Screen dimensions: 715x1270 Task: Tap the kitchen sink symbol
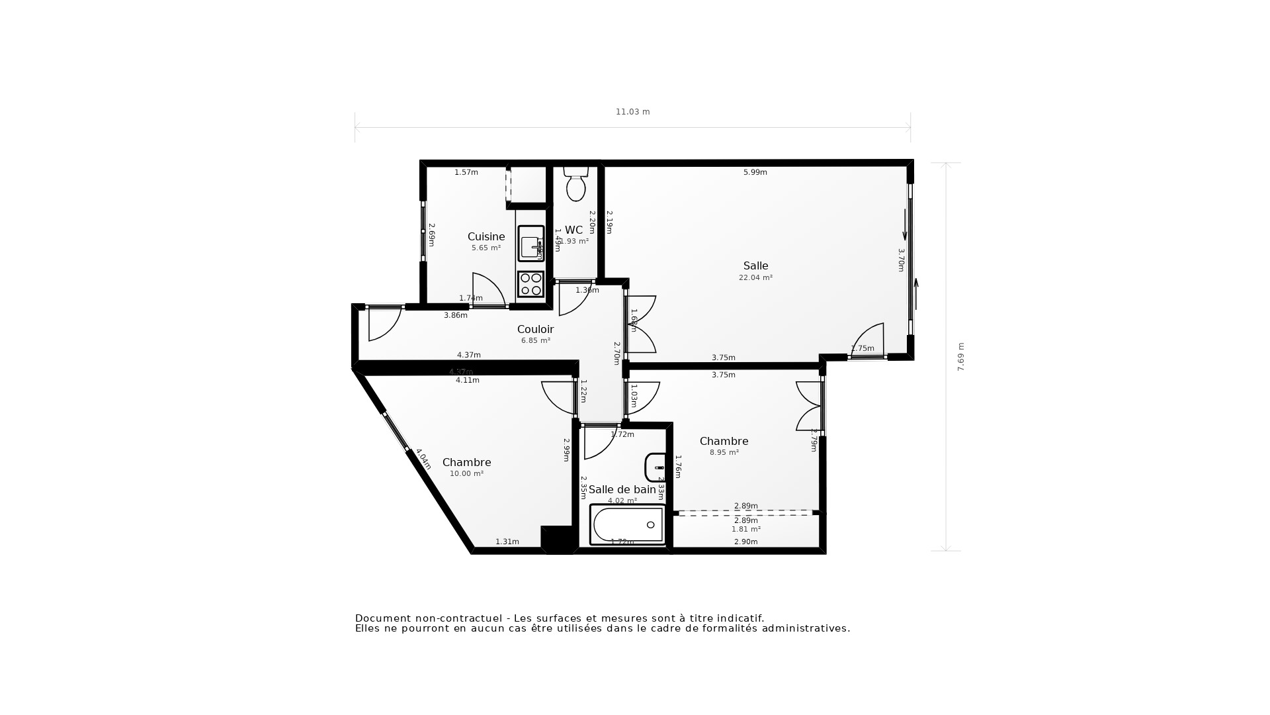tap(530, 244)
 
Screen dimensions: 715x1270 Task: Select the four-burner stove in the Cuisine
tap(530, 284)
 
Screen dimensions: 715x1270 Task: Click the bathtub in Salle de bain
tap(627, 525)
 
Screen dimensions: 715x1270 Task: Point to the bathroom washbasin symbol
tap(656, 467)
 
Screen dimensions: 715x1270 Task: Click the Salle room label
tap(755, 266)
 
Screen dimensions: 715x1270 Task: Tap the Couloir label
tap(535, 330)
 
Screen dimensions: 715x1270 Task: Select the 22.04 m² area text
tap(755, 278)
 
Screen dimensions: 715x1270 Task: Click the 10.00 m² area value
tap(466, 474)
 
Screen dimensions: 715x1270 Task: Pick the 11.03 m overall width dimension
tap(632, 112)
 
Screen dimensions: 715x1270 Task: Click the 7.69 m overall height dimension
tap(961, 356)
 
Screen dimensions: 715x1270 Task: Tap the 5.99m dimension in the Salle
tap(755, 172)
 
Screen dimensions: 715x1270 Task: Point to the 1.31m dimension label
tap(507, 542)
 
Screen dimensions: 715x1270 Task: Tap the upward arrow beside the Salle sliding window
tap(916, 293)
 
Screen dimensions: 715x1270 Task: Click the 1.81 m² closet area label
tap(745, 530)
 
